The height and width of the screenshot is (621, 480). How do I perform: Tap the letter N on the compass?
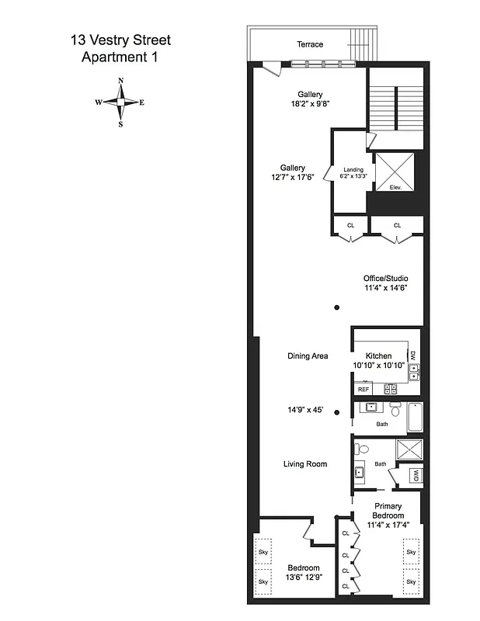coord(120,81)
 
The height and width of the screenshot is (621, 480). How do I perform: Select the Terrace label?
coord(310,44)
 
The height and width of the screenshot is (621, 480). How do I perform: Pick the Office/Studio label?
coord(385,278)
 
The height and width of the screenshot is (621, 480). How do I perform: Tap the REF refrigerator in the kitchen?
coord(363,389)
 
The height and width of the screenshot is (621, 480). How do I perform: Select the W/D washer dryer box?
coord(416,475)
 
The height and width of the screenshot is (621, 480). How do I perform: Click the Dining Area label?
coord(308,356)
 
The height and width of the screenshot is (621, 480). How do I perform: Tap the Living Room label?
coord(304,464)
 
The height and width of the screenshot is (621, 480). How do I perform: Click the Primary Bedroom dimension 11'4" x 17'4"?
coord(388,526)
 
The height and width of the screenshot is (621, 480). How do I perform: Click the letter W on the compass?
coord(99,102)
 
